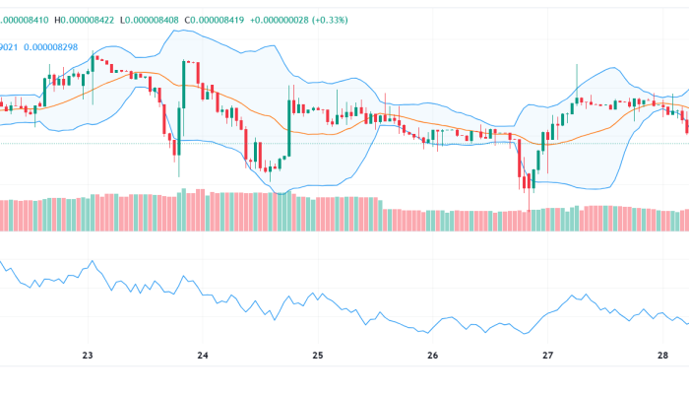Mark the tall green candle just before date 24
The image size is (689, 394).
(184, 94)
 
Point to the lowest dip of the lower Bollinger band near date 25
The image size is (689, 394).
(283, 193)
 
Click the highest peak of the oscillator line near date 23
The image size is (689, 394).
(93, 262)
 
